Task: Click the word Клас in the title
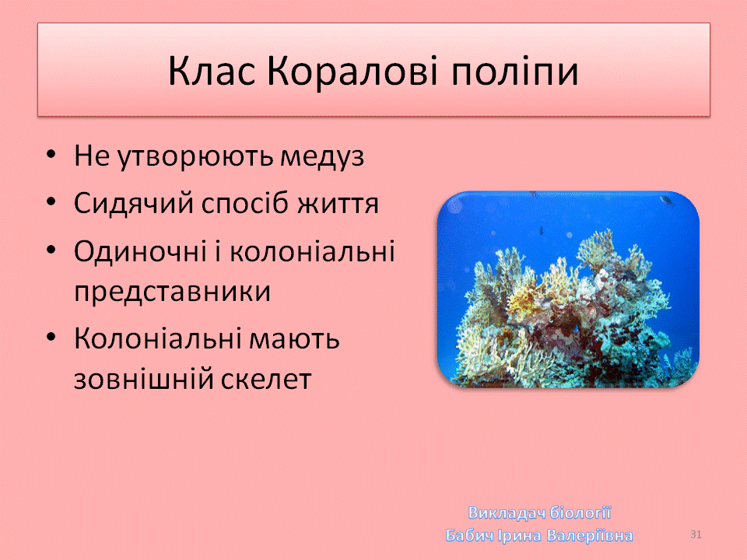click(212, 71)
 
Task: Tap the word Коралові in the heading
click(352, 71)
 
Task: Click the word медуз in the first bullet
click(322, 156)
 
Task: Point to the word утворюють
click(195, 156)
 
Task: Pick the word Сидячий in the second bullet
click(133, 203)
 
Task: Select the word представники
click(172, 292)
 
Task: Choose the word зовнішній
click(143, 379)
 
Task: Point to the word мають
click(294, 339)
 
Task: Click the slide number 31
click(696, 534)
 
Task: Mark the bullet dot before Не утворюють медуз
click(51, 155)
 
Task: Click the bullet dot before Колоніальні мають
click(51, 338)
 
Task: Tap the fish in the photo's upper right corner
click(668, 201)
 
